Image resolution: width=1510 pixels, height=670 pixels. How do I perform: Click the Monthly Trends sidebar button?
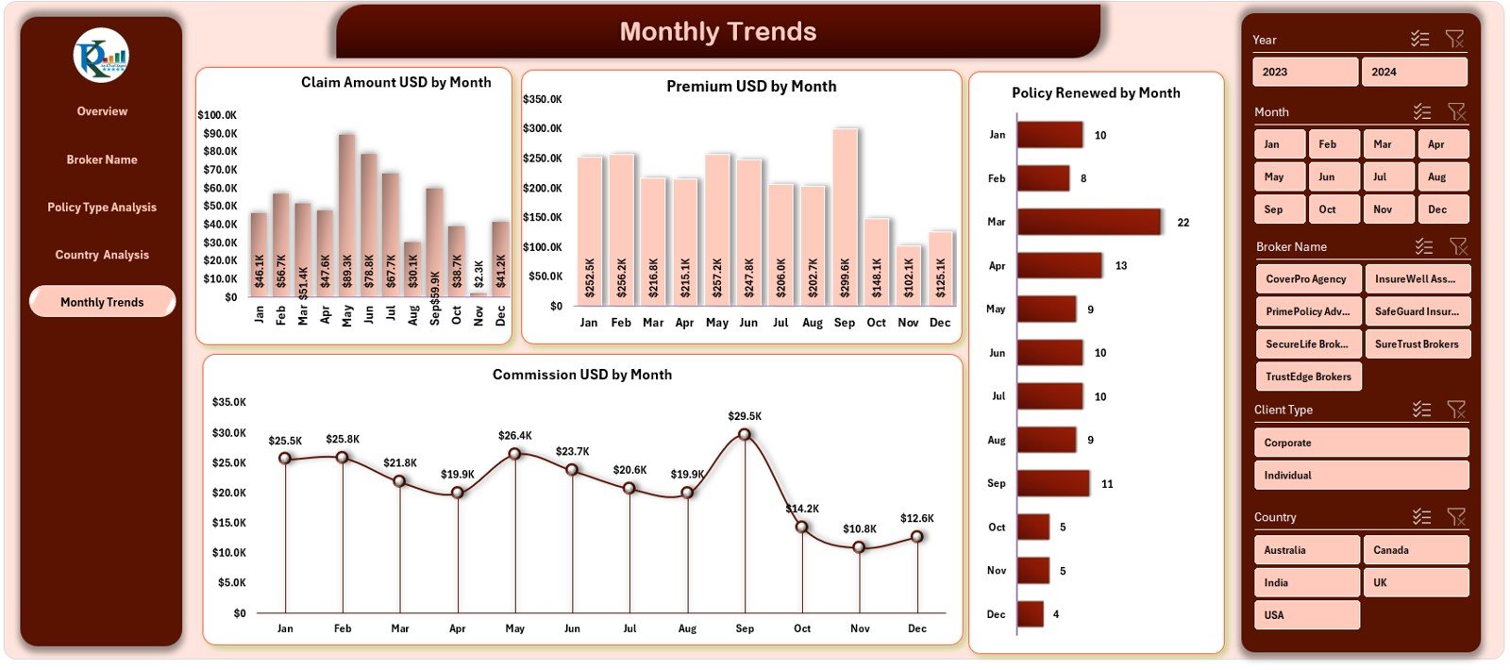102,302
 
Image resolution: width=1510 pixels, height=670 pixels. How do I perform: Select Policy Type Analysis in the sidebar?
102,208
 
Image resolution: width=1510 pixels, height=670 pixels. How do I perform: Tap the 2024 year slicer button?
1413,72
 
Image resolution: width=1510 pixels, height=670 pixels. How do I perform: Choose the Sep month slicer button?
1279,209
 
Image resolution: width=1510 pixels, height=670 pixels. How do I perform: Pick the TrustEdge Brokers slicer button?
1308,377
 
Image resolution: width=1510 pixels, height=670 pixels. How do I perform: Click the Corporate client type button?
1360,443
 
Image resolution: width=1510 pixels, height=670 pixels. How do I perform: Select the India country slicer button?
1306,582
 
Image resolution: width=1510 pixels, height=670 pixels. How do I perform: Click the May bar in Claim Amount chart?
346,217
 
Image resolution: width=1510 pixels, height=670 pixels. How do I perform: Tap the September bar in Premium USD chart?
845,217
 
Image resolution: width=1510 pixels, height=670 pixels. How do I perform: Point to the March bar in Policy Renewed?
1088,222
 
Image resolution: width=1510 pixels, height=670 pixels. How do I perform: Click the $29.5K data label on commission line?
745,416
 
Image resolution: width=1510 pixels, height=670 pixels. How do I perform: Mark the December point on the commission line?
917,536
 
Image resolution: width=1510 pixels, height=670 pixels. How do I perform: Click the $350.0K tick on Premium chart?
543,99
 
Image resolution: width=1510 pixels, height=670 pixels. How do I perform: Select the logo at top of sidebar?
101,56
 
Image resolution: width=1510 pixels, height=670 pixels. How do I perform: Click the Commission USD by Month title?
581,375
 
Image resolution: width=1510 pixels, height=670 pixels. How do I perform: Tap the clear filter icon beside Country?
1455,516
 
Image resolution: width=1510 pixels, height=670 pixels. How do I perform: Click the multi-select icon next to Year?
1419,39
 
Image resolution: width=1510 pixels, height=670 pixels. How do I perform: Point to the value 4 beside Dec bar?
1056,614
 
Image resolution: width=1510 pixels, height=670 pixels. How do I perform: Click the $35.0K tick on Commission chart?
229,402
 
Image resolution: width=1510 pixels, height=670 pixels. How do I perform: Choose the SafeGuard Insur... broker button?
1417,311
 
